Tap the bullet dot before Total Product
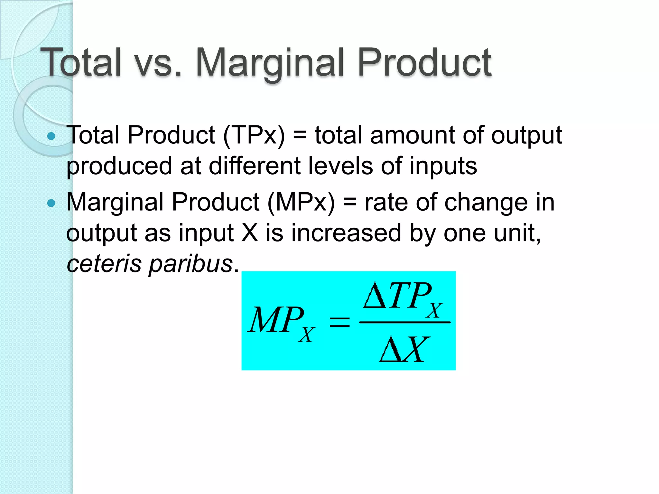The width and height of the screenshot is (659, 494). tap(51, 136)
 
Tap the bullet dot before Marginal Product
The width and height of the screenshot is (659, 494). tap(51, 203)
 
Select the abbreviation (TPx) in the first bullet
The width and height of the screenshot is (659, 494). tap(254, 135)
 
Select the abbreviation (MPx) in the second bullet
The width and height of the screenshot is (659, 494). tap(301, 203)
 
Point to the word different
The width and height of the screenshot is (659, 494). tap(254, 166)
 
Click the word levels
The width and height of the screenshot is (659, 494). tap(340, 166)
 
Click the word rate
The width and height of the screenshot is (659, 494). tap(386, 203)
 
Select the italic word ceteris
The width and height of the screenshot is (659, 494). tap(104, 264)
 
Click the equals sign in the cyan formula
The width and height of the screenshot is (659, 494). tap(339, 322)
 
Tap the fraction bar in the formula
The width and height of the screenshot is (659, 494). tap(404, 322)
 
